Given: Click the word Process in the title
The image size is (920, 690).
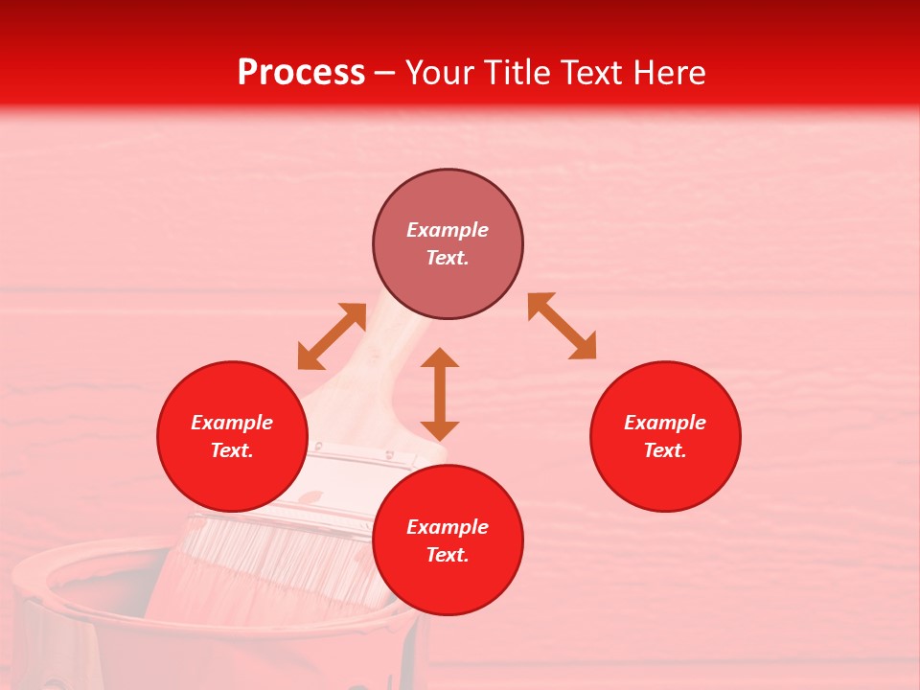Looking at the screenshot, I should (301, 73).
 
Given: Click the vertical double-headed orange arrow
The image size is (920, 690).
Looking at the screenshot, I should (440, 394).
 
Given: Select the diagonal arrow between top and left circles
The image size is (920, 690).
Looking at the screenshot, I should (332, 336).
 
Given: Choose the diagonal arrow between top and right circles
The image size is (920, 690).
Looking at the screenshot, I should (563, 326).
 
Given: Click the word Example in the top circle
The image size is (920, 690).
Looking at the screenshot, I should (448, 230).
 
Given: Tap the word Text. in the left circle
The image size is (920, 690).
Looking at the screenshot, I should (232, 450).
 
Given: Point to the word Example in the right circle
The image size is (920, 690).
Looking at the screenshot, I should (665, 423).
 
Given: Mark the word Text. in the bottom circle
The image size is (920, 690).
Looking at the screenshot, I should (448, 555).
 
